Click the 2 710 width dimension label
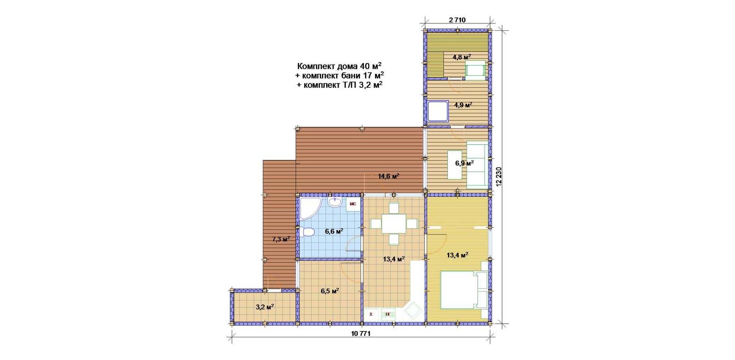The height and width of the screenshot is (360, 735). pyautogui.click(x=457, y=20)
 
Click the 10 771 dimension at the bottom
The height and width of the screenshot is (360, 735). pyautogui.click(x=361, y=334)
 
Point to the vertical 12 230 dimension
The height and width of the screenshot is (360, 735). pyautogui.click(x=499, y=177)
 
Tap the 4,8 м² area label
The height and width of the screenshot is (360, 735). pyautogui.click(x=462, y=57)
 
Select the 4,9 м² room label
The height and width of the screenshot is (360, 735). pyautogui.click(x=463, y=105)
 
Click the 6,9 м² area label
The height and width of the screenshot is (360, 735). pyautogui.click(x=464, y=163)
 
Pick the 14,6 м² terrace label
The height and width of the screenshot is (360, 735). pyautogui.click(x=389, y=176)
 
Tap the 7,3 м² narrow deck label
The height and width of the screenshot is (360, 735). pyautogui.click(x=281, y=239)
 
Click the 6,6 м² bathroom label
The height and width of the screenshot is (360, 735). pyautogui.click(x=334, y=231)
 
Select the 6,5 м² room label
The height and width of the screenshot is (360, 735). pyautogui.click(x=330, y=291)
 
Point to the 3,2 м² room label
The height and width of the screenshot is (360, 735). pyautogui.click(x=265, y=307)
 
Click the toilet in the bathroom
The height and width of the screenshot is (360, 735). pyautogui.click(x=307, y=232)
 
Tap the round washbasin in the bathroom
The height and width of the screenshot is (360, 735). pyautogui.click(x=335, y=202)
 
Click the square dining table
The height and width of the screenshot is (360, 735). pyautogui.click(x=393, y=224)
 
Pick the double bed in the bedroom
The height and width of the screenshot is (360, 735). pyautogui.click(x=463, y=289)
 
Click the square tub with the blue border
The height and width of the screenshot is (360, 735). pyautogui.click(x=438, y=111)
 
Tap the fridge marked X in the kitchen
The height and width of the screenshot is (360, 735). pyautogui.click(x=372, y=314)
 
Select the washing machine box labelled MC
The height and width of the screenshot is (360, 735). pyautogui.click(x=353, y=204)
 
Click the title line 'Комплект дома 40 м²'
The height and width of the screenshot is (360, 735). pyautogui.click(x=339, y=66)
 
